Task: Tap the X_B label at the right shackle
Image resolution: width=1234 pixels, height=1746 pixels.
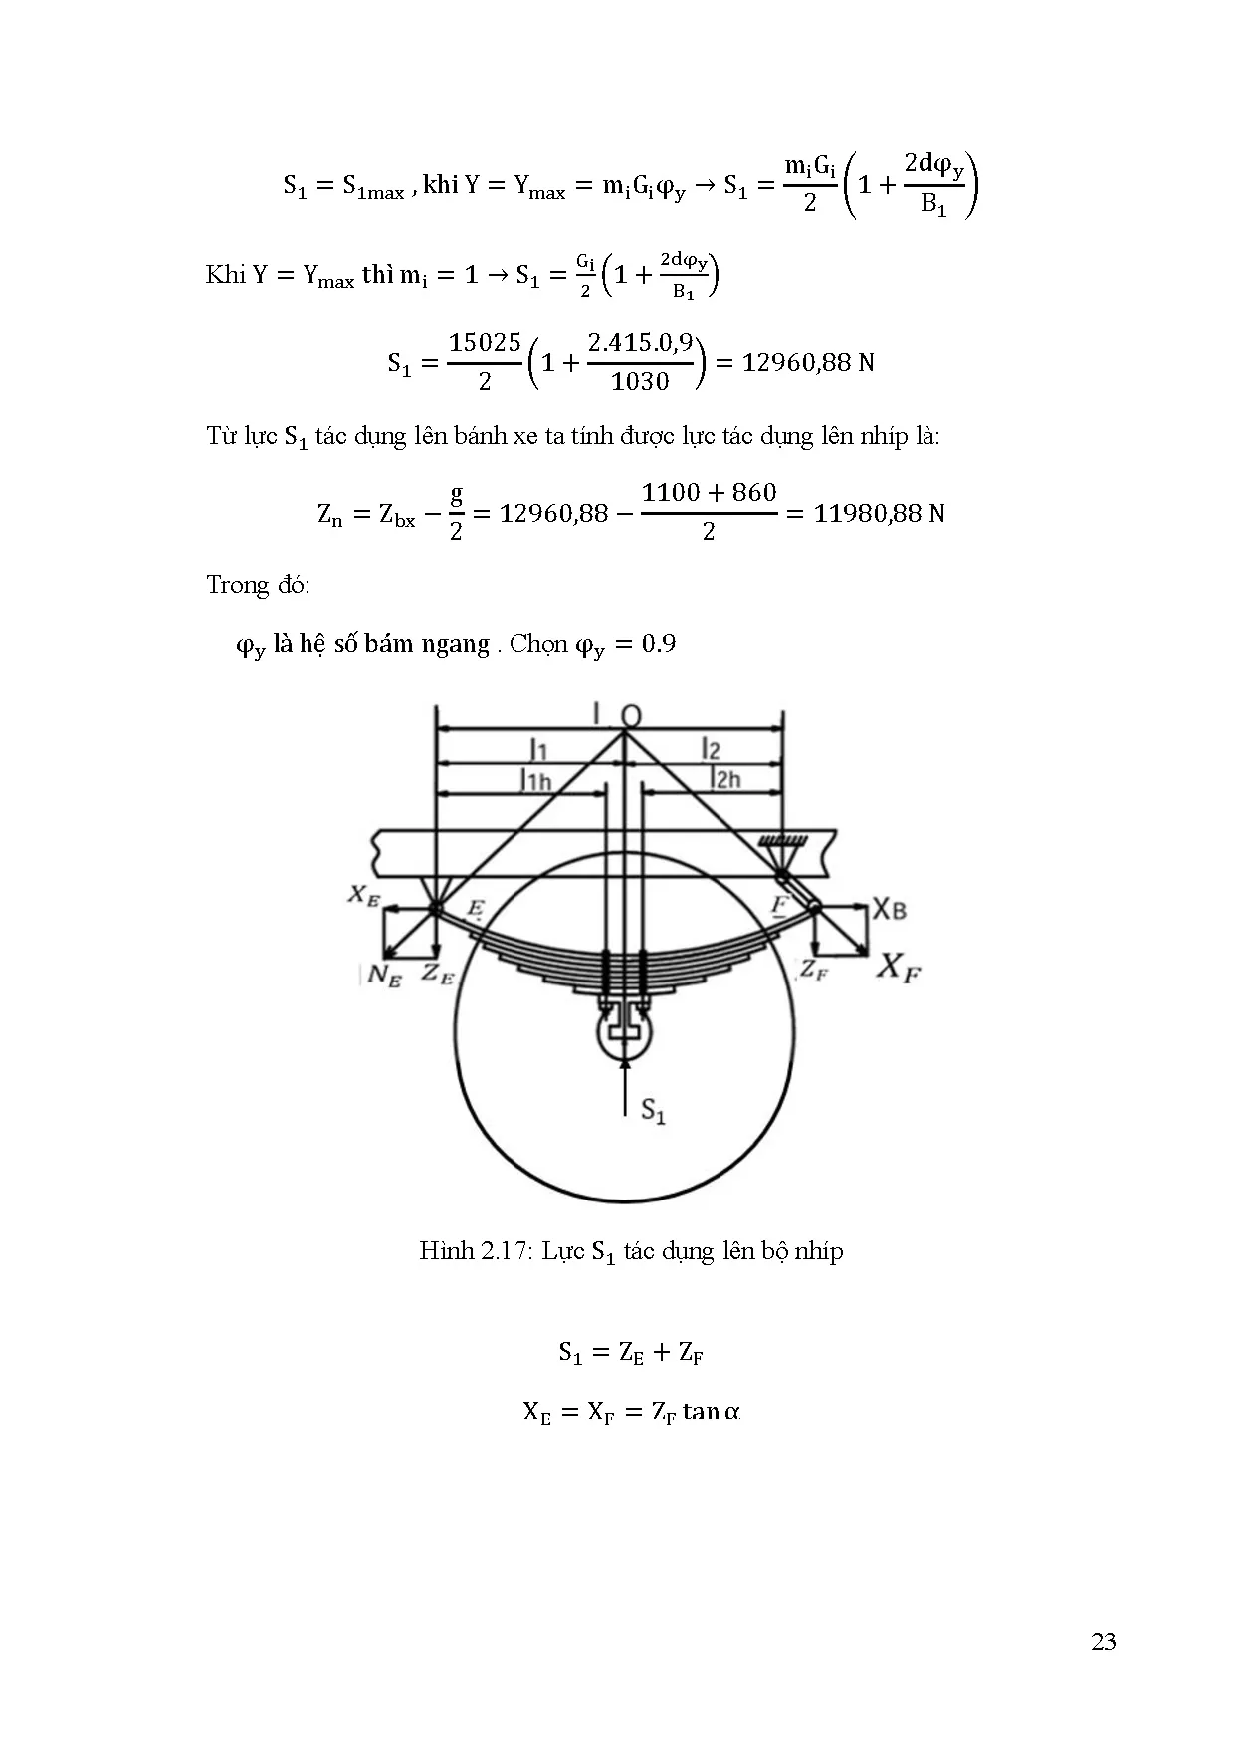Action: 890,909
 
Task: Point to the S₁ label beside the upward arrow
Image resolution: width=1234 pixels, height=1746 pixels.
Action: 653,1111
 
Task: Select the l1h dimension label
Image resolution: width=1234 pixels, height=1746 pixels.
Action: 536,779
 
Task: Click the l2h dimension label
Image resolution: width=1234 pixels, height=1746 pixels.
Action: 725,777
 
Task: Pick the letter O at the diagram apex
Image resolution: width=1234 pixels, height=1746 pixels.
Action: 631,716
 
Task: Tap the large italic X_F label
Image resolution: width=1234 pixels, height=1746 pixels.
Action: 898,967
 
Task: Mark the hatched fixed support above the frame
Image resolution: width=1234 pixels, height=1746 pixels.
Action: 784,842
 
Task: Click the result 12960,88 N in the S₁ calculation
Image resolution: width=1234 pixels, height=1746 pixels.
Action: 808,362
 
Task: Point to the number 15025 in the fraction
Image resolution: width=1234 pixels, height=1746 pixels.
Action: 485,343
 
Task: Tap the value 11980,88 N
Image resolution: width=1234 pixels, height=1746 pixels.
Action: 879,514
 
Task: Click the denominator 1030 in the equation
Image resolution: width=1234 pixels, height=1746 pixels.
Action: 640,382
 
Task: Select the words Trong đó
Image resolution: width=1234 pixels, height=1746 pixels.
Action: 258,585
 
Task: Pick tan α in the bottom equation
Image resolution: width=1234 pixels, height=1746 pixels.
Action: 712,1412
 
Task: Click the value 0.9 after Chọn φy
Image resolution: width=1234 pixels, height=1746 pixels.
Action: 659,644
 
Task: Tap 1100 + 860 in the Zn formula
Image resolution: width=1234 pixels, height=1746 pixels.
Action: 709,493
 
